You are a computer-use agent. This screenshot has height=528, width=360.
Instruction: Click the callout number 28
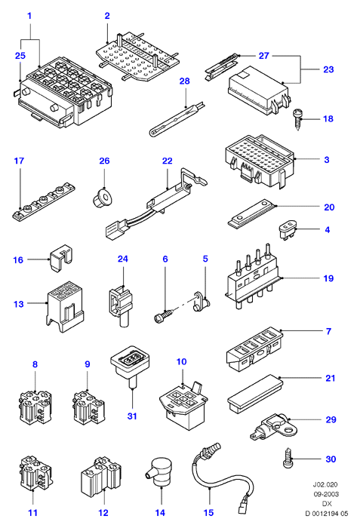point(185,81)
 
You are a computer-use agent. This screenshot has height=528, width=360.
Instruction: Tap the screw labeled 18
point(297,119)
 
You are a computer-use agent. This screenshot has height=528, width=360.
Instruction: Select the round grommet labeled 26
point(102,198)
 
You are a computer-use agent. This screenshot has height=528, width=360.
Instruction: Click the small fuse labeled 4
point(288,229)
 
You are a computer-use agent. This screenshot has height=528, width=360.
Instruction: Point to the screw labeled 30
point(288,459)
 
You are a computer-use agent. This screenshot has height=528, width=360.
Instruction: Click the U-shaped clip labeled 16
point(61,258)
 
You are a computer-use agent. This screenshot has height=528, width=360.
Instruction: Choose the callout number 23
point(328,69)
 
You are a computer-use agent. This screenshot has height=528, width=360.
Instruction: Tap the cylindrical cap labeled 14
point(159,471)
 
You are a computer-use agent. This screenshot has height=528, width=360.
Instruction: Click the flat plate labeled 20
point(252,214)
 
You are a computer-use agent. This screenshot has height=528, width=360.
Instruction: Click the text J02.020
point(325,485)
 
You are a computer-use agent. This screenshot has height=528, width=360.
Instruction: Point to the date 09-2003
point(325,494)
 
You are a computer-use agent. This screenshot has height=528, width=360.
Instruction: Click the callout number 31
point(132,416)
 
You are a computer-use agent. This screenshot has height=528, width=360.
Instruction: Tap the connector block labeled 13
point(65,307)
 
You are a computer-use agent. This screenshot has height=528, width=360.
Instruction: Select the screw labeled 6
point(165,315)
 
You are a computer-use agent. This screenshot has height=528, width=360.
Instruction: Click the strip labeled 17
point(45,201)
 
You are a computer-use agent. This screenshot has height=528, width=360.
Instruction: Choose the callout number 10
point(181,361)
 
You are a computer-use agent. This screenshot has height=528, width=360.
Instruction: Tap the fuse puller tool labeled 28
point(177,118)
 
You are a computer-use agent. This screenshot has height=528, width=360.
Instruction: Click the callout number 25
point(20,56)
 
